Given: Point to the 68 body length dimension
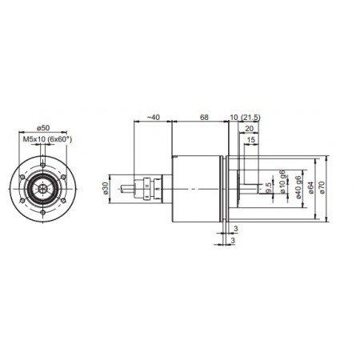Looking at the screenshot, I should [x=204, y=118].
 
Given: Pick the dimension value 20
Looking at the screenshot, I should [x=249, y=128].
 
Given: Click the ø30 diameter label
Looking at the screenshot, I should [x=106, y=188].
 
